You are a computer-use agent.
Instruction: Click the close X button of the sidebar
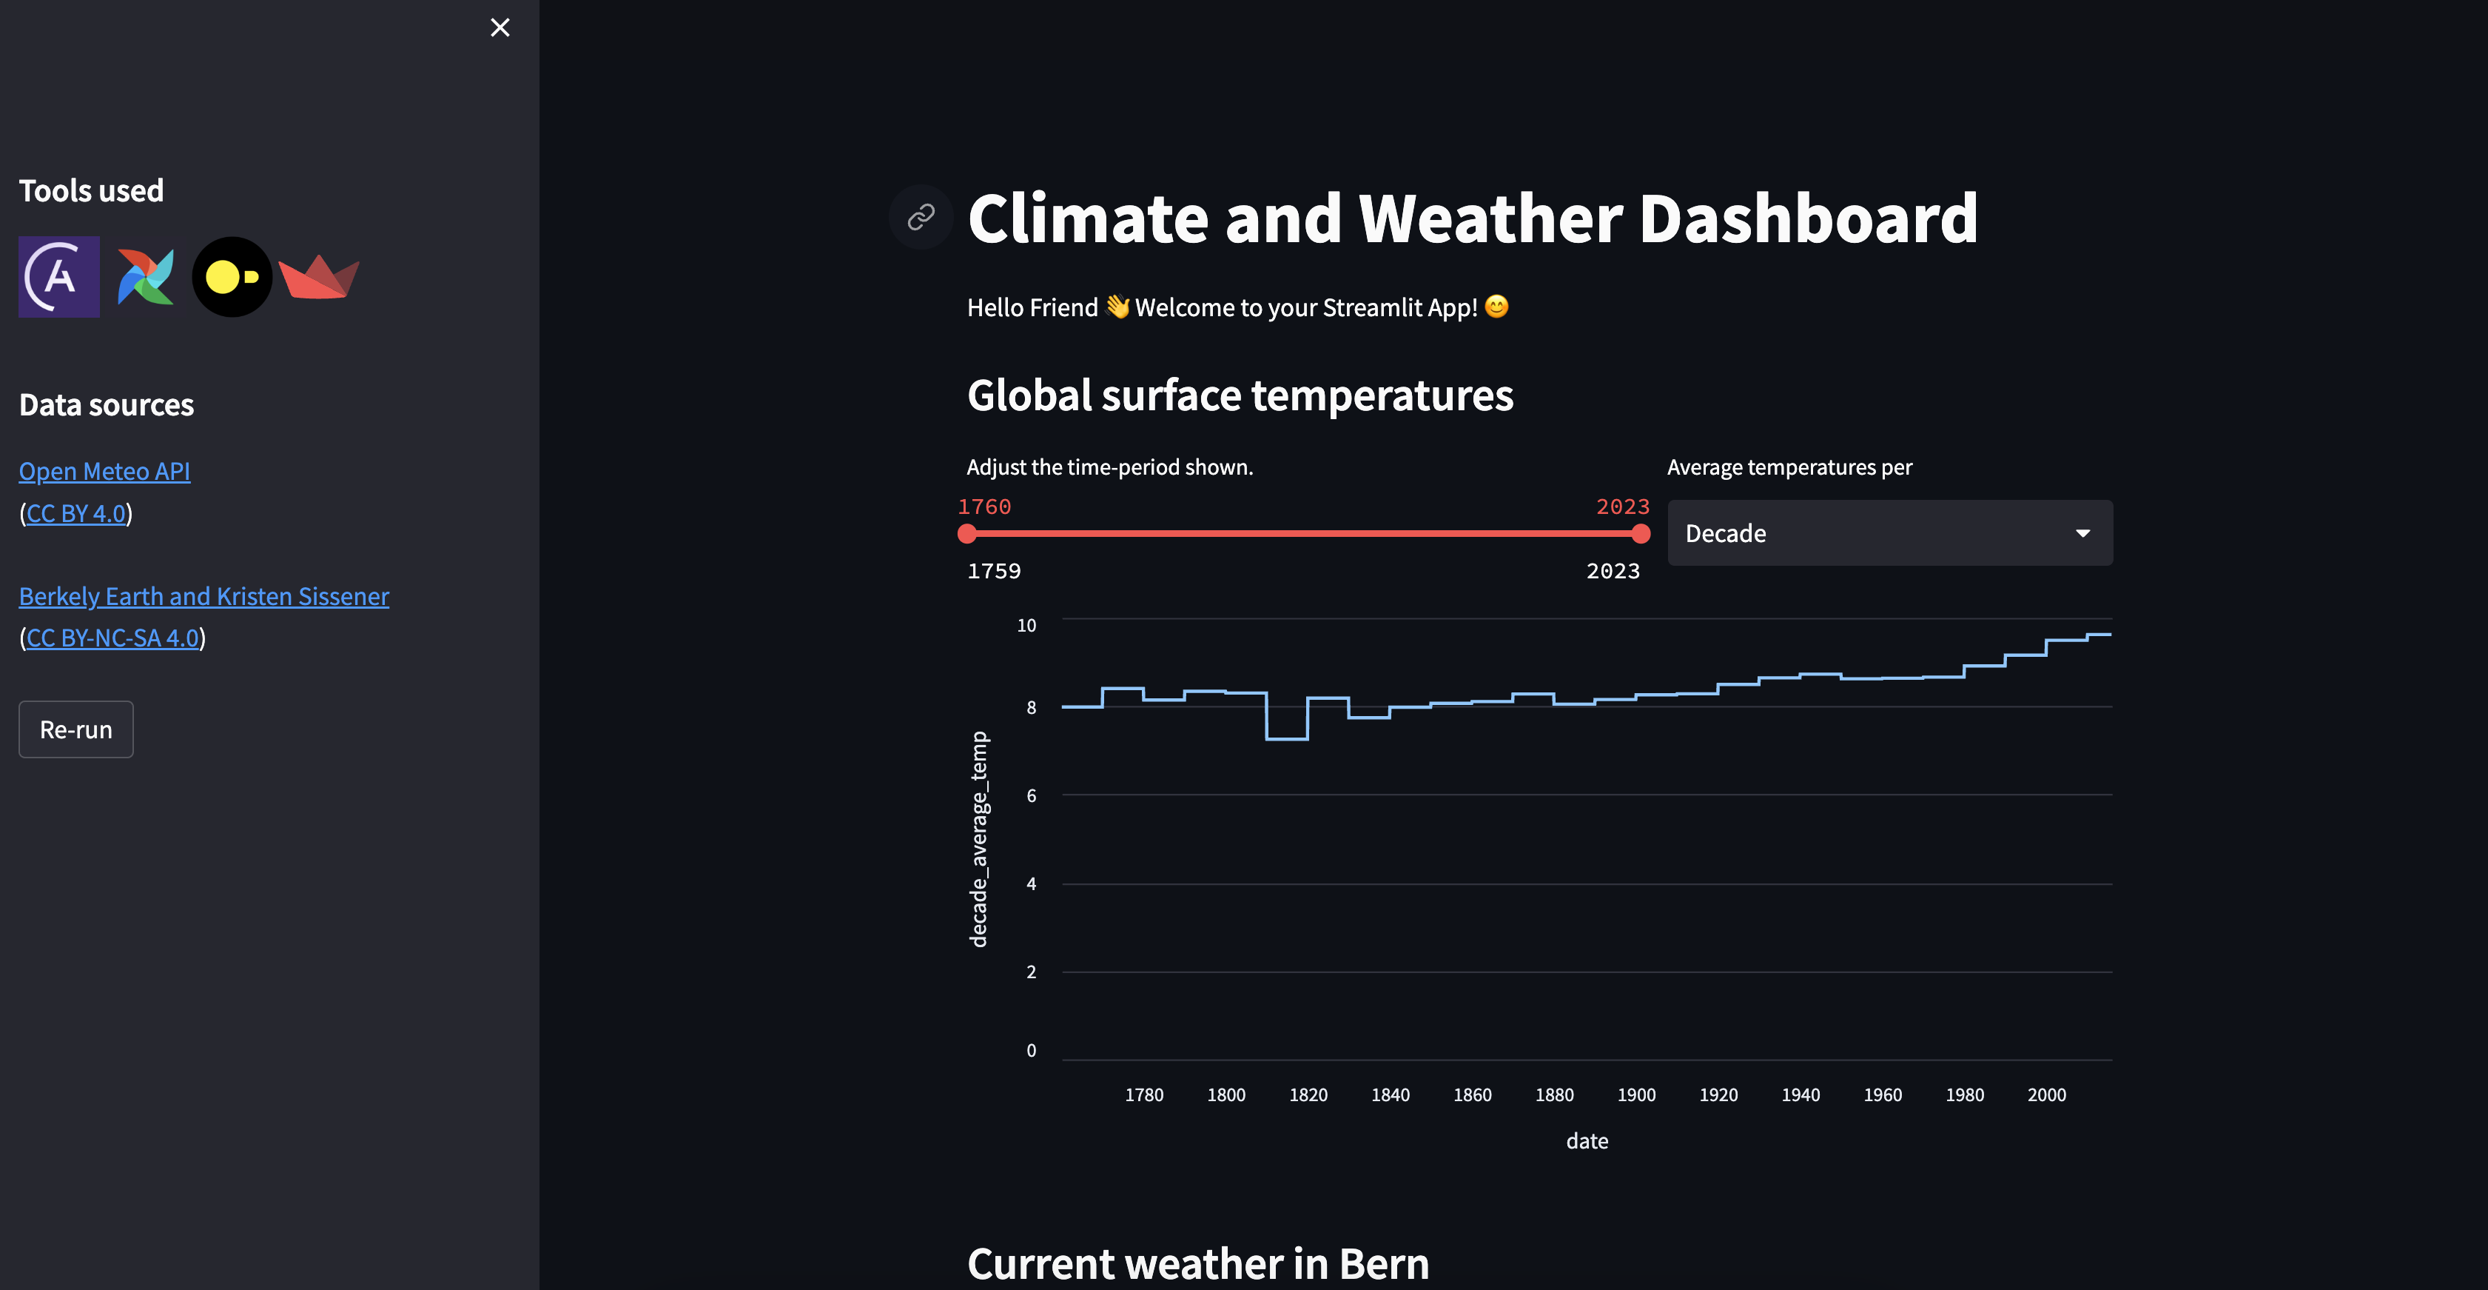(500, 27)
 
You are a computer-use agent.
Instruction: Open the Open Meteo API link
(104, 472)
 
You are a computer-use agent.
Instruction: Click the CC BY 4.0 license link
(76, 513)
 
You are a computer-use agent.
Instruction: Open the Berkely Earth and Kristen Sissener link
(204, 596)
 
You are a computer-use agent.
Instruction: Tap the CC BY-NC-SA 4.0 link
(112, 638)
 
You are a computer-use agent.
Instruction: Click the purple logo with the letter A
(59, 277)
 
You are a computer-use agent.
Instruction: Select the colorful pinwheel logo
(146, 277)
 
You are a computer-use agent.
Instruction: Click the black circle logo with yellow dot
(232, 277)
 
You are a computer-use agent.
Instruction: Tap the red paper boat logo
(319, 277)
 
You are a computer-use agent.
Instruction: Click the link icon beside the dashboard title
(921, 218)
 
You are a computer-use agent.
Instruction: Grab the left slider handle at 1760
(966, 533)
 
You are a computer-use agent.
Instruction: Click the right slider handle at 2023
(1640, 533)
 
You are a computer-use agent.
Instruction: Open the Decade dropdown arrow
(2082, 533)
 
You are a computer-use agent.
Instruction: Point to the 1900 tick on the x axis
(1636, 1095)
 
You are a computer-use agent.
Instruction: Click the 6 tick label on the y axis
(1031, 795)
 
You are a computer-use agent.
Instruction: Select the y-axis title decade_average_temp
(978, 839)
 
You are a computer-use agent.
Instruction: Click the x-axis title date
(1587, 1141)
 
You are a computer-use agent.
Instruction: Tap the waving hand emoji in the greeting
(1117, 307)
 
